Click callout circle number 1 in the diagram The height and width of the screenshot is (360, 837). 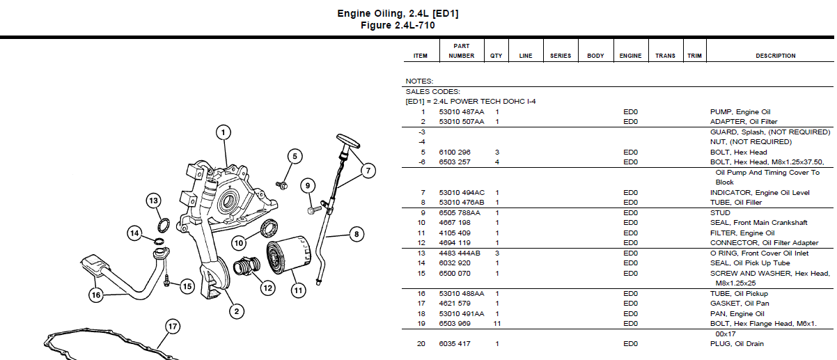(x=223, y=132)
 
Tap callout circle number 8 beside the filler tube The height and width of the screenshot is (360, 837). (x=356, y=235)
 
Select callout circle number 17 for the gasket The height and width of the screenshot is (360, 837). (x=172, y=326)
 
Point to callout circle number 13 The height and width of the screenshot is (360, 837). (x=153, y=201)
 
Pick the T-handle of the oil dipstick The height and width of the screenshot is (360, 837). (x=347, y=141)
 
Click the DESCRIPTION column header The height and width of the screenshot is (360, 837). (x=775, y=56)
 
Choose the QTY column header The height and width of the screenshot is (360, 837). (x=496, y=56)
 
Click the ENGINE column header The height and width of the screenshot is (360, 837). (x=630, y=56)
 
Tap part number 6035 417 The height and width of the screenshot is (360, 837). (x=454, y=344)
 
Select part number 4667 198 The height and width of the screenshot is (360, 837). (x=454, y=223)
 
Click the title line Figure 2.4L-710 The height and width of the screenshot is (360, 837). (x=398, y=25)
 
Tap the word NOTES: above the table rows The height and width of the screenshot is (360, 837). (x=419, y=81)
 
